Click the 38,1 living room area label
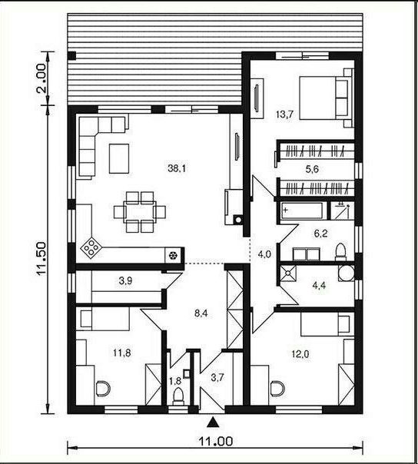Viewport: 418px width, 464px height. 177,169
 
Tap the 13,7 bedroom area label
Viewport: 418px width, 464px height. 284,114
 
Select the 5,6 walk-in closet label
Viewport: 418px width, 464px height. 312,169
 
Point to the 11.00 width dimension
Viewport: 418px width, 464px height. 215,442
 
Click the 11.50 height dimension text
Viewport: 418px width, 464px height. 41,258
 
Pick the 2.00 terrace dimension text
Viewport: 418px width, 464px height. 41,78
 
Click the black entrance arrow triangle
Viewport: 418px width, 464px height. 212,423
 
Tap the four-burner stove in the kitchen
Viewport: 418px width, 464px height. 90,247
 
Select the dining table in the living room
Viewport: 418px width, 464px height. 139,211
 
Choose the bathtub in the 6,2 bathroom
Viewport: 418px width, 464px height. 303,210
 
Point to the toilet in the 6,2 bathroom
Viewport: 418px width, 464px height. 340,252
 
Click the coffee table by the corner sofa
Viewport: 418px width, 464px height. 119,158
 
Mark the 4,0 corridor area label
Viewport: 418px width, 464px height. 264,254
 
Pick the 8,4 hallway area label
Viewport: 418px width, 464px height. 201,313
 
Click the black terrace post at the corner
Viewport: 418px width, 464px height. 72,55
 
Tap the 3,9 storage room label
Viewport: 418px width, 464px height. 125,281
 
